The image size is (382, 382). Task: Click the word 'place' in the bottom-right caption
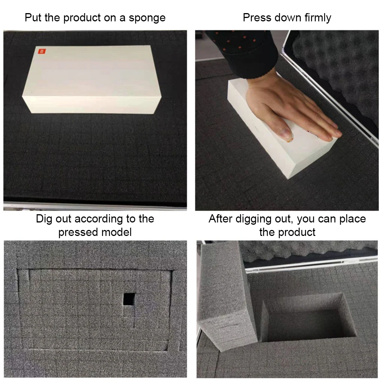[352, 219]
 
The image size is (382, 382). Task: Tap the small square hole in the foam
[129, 299]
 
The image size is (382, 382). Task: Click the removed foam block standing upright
[225, 296]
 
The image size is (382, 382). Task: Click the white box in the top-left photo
[92, 81]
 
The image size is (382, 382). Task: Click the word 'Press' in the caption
[256, 18]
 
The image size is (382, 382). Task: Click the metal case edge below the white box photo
[95, 206]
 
